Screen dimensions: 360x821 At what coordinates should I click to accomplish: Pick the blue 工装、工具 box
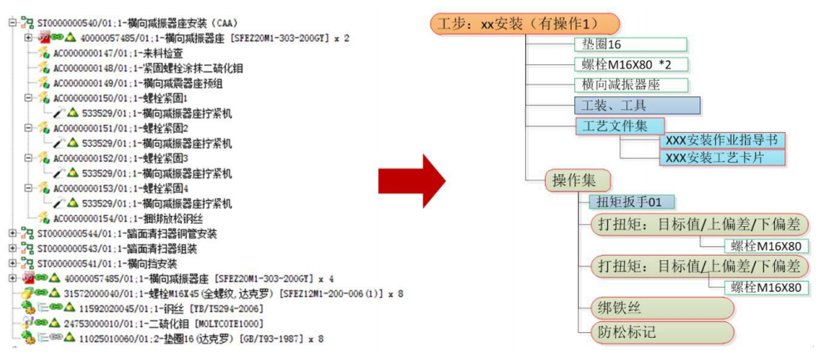click(x=638, y=104)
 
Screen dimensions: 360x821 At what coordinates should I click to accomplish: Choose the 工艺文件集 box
click(x=619, y=125)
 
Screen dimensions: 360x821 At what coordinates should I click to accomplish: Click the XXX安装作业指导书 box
click(x=721, y=141)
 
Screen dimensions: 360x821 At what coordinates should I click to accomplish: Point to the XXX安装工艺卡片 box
click(x=721, y=157)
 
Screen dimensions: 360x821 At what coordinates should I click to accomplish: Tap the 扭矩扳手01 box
click(x=631, y=202)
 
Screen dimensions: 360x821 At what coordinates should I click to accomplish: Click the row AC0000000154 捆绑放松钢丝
click(x=127, y=218)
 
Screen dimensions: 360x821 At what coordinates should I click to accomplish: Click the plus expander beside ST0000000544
click(x=13, y=233)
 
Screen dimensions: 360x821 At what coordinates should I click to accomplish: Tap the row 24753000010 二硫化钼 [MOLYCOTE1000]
click(x=158, y=324)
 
